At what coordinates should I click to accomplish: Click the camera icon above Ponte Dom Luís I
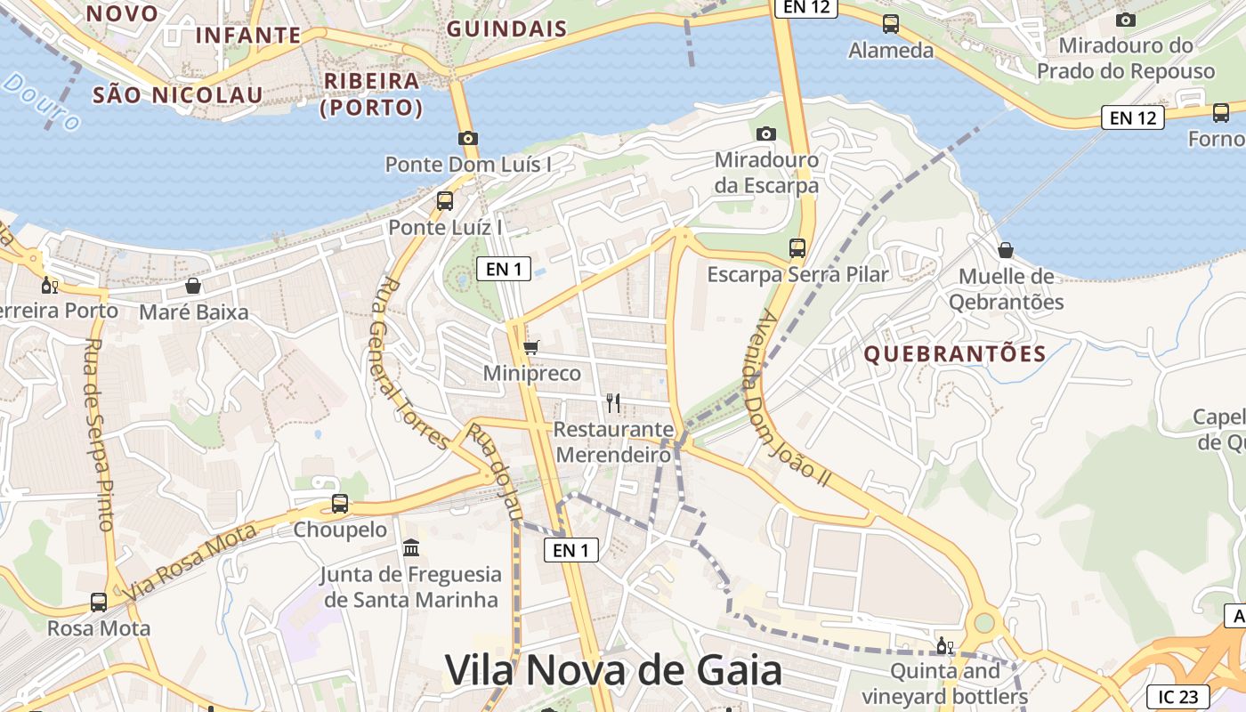coord(468,138)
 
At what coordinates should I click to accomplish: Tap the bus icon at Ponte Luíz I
coord(445,201)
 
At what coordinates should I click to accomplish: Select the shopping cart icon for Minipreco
coord(531,347)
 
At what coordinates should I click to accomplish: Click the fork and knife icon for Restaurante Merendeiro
coord(612,402)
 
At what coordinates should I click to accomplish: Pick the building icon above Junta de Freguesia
coord(411,547)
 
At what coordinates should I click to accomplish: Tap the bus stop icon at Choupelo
coord(340,504)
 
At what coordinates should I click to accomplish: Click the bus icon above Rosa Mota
coord(99,603)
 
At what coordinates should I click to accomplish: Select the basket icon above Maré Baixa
coord(193,286)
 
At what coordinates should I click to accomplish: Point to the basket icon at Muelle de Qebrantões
coord(1006,250)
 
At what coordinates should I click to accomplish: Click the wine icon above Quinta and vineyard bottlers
coord(944,645)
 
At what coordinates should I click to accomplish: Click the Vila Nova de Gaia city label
coord(613,670)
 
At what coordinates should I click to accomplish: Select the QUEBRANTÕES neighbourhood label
coord(955,354)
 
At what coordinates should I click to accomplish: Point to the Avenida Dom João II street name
coord(796,397)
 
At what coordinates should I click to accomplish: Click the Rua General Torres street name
coord(412,363)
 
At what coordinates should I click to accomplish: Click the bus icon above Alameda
coord(891,24)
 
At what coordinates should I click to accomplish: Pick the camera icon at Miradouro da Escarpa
coord(765,134)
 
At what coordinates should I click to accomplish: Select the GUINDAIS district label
coord(506,28)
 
